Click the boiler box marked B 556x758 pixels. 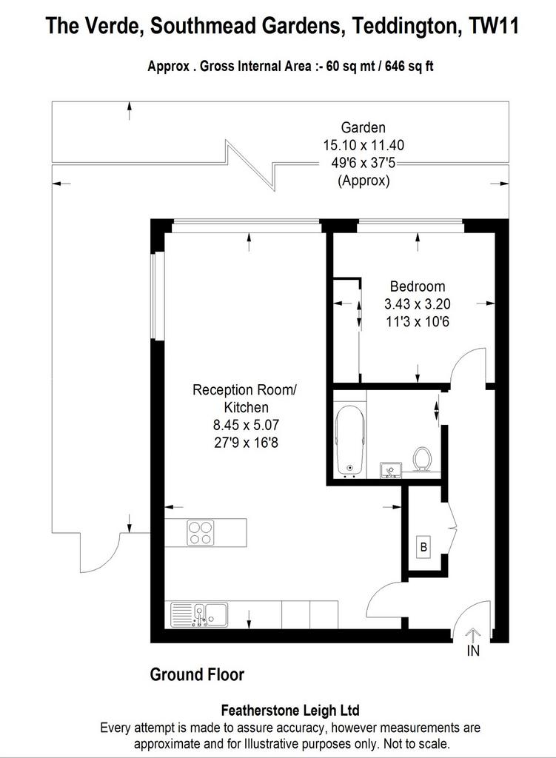coord(424,547)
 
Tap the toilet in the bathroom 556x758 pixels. coord(422,459)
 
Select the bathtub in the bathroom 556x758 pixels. coord(350,440)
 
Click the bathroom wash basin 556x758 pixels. coord(391,469)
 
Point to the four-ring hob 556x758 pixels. coord(200,532)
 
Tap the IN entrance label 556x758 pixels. coord(473,651)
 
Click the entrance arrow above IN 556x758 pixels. coord(473,634)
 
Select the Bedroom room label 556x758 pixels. coord(418,286)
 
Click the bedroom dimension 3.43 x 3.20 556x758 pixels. coord(418,303)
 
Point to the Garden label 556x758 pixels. coord(363,127)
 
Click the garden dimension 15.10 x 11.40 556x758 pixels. coord(364,145)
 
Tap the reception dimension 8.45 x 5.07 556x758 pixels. coord(246,425)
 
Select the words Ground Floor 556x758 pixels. coord(197,674)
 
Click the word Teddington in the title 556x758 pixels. coord(406,25)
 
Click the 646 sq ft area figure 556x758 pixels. coord(409,66)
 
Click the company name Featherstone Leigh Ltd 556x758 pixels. coord(290,710)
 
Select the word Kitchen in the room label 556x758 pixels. coord(246,407)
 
